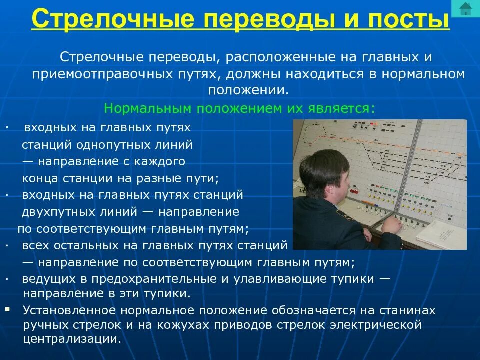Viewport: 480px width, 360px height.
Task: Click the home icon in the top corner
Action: pos(465,8)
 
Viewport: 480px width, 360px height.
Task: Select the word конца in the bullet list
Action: pos(38,178)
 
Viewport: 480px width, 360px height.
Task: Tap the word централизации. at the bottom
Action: pos(71,339)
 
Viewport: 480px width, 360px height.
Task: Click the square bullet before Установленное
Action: pos(7,310)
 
